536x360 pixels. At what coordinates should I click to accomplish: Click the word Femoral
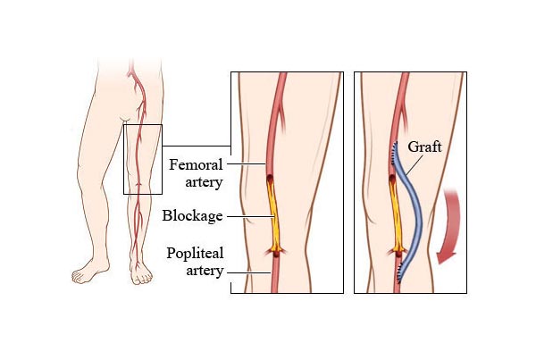pyautogui.click(x=196, y=164)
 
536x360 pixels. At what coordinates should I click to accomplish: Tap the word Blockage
pyautogui.click(x=192, y=216)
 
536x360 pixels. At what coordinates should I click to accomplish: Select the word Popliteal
pyautogui.click(x=195, y=254)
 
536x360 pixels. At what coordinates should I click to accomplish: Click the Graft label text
pyautogui.click(x=425, y=147)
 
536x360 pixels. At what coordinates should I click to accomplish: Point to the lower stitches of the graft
pyautogui.click(x=398, y=272)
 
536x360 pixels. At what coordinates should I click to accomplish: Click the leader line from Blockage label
pyautogui.click(x=251, y=216)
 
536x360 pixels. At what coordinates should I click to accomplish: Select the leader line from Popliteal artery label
pyautogui.click(x=249, y=272)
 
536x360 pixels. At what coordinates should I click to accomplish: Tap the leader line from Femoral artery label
pyautogui.click(x=247, y=163)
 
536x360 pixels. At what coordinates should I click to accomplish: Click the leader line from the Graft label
pyautogui.click(x=415, y=166)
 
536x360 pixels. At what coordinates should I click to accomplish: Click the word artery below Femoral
pyautogui.click(x=204, y=182)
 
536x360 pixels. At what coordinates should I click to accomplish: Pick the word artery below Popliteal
pyautogui.click(x=205, y=271)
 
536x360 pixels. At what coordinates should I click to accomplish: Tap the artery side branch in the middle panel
pyautogui.click(x=282, y=120)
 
